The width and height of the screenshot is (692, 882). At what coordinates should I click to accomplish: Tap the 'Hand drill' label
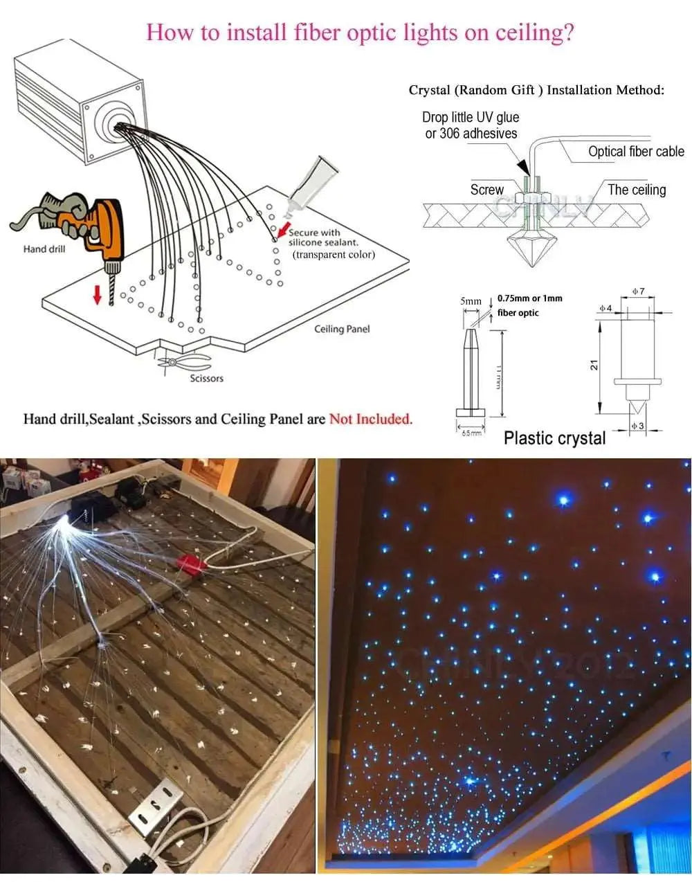(44, 249)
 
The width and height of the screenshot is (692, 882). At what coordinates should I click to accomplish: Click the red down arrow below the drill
(97, 294)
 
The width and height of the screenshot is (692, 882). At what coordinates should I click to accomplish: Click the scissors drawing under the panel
(185, 361)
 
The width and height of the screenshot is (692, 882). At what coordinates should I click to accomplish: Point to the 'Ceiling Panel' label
(342, 329)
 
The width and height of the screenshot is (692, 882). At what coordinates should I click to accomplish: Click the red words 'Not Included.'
(371, 419)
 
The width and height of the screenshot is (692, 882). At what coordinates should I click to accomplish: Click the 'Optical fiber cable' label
(635, 152)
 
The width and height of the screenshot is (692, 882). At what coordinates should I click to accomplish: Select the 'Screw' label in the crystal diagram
(486, 190)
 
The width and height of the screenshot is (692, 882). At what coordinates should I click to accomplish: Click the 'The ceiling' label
(636, 190)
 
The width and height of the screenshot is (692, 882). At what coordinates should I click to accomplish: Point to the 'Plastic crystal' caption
(554, 438)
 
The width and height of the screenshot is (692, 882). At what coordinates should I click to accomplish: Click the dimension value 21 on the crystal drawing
(594, 364)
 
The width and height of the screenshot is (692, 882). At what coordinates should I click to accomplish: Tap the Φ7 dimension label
(638, 291)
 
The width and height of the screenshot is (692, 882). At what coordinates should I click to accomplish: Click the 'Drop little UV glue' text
(471, 117)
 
